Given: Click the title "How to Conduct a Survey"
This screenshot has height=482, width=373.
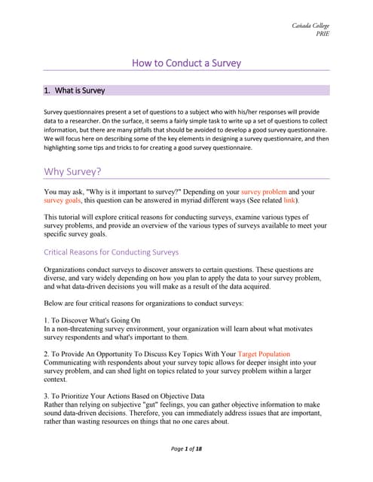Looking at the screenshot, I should pyautogui.click(x=186, y=63).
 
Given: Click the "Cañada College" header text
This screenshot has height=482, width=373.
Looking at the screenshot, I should pyautogui.click(x=310, y=26).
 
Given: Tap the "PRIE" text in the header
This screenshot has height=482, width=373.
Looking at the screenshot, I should pyautogui.click(x=322, y=34).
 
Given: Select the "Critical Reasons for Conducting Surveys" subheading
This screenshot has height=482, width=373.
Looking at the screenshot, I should pyautogui.click(x=112, y=252).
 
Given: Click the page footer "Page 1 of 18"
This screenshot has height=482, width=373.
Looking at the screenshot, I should pyautogui.click(x=186, y=450).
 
